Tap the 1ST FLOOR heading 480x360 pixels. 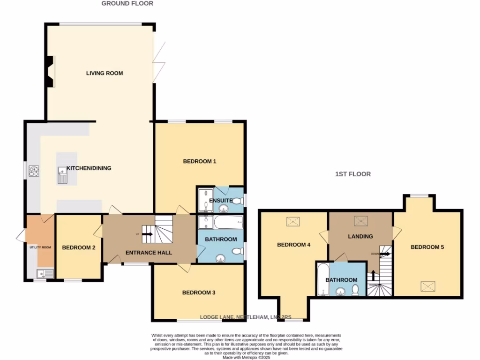click(352, 174)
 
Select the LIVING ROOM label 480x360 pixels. click(104, 73)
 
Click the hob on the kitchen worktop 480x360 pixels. click(35, 172)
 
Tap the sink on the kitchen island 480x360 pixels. click(62, 175)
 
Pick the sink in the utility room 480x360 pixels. click(47, 273)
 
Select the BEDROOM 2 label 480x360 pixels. click(79, 247)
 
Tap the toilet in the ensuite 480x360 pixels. click(238, 201)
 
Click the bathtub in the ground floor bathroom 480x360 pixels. click(228, 222)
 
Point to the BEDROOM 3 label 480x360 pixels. click(199, 292)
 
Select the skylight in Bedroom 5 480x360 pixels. click(427, 285)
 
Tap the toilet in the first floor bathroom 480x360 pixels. click(355, 291)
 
